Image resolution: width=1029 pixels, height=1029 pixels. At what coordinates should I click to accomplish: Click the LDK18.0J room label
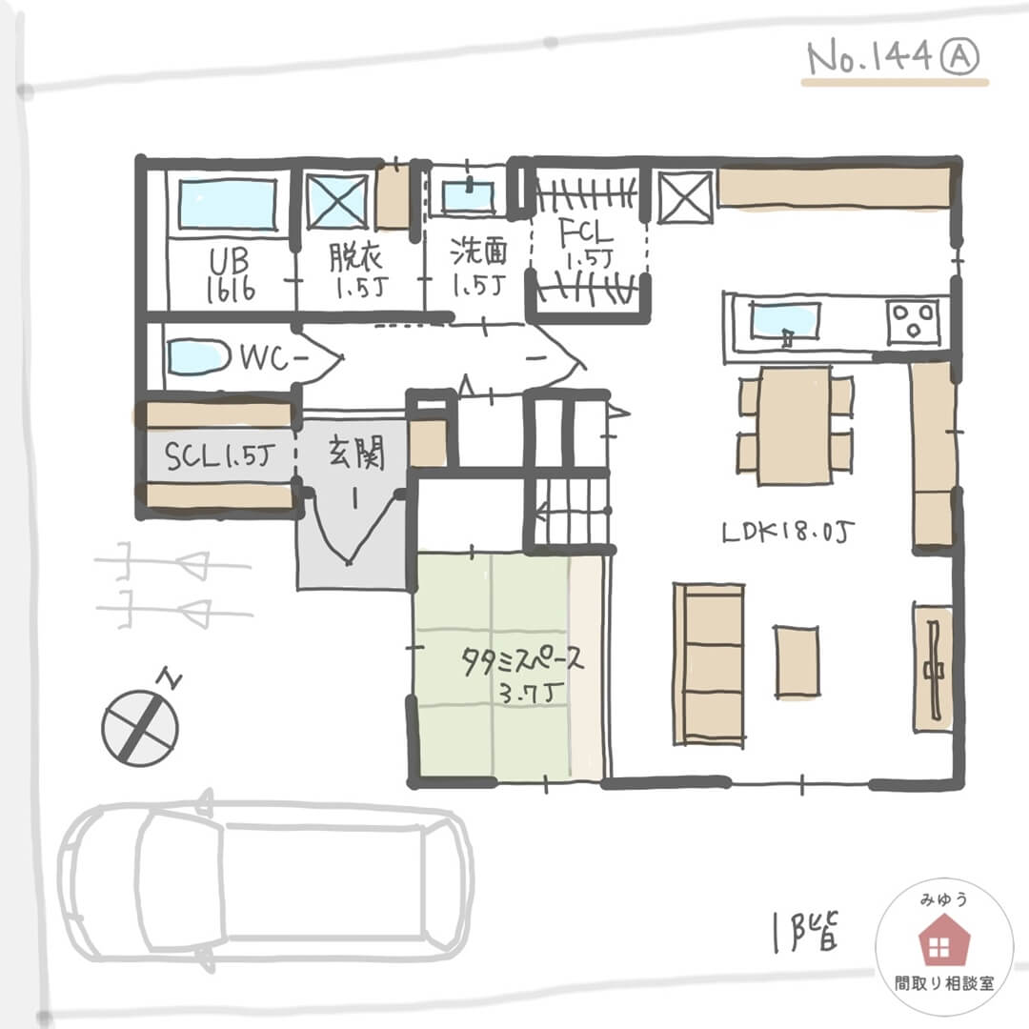(x=788, y=533)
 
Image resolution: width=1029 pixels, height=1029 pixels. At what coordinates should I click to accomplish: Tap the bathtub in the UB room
(x=227, y=204)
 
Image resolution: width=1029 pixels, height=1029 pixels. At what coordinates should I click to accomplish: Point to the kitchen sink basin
(x=785, y=322)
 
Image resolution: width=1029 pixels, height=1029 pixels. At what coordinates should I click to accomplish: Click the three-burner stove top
(x=913, y=321)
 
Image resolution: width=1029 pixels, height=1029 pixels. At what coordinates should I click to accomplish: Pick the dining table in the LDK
(x=795, y=426)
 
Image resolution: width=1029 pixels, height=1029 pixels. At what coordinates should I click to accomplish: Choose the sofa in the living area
(x=709, y=664)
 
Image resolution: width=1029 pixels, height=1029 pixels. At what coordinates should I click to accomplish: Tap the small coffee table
(x=797, y=661)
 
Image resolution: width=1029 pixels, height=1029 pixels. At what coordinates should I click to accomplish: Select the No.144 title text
(x=869, y=58)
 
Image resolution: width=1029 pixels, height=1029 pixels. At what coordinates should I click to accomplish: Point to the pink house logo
(x=943, y=941)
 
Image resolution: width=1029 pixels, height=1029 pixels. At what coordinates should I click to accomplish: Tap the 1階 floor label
(x=806, y=930)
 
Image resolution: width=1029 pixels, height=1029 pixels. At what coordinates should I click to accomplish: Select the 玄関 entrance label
(x=356, y=453)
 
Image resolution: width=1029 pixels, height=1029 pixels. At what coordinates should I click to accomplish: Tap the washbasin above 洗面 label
(x=468, y=196)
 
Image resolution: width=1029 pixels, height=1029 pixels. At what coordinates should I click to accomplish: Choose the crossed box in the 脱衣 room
(x=337, y=201)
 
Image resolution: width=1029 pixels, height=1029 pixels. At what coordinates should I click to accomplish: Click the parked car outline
(x=266, y=880)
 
